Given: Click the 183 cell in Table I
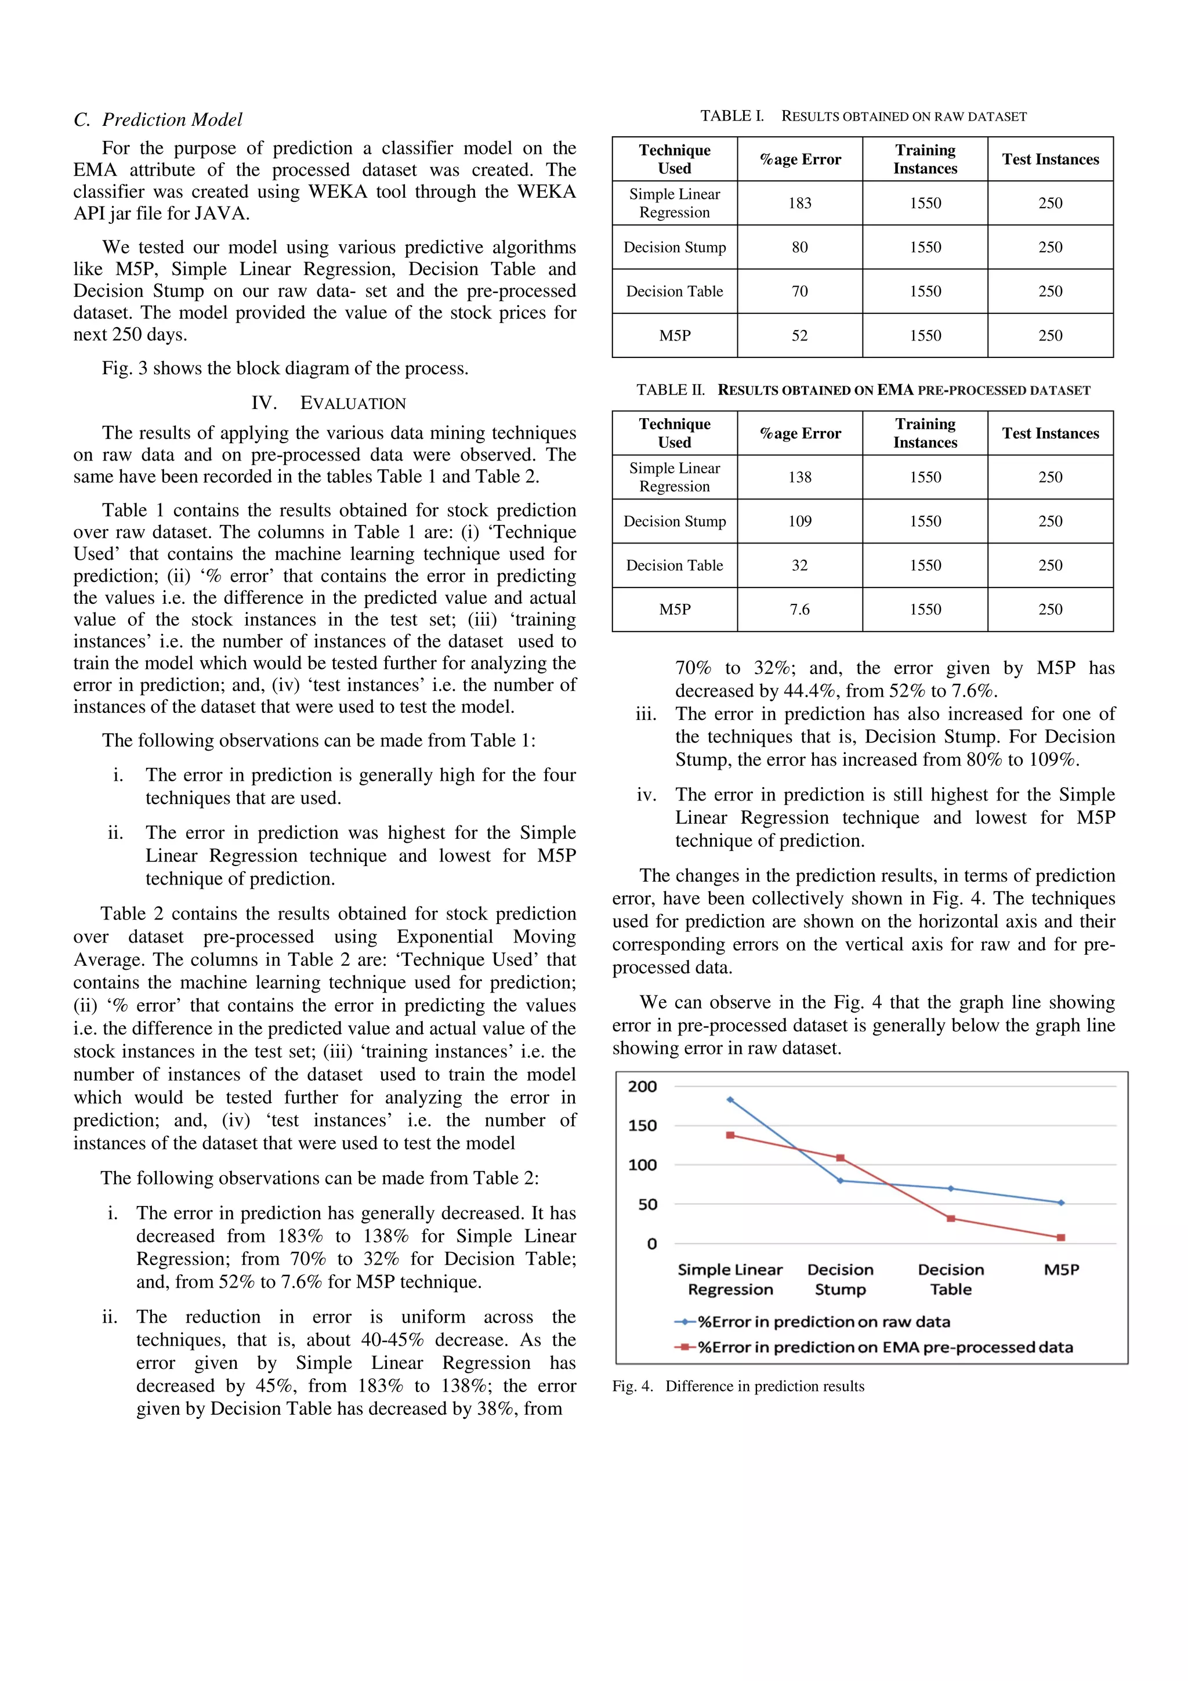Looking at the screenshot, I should pos(799,203).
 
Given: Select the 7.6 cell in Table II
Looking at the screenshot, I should pos(799,609).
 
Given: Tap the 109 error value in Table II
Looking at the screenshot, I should pos(799,521).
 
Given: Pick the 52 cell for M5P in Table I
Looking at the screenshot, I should pos(799,335).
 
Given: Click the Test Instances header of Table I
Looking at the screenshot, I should pos(1050,159).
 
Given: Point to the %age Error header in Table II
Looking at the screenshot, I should pos(799,433).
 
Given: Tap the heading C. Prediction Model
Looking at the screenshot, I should pos(158,119).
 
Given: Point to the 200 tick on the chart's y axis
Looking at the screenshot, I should pos(642,1086).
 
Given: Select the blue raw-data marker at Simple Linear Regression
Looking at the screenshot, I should pos(730,1100).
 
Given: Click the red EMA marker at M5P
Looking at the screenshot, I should pos(1060,1237).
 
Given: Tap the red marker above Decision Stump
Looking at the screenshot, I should pos(841,1158).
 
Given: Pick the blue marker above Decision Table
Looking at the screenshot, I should pos(950,1189).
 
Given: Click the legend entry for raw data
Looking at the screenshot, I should pos(813,1321).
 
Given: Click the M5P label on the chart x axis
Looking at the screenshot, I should pos(1060,1270).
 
